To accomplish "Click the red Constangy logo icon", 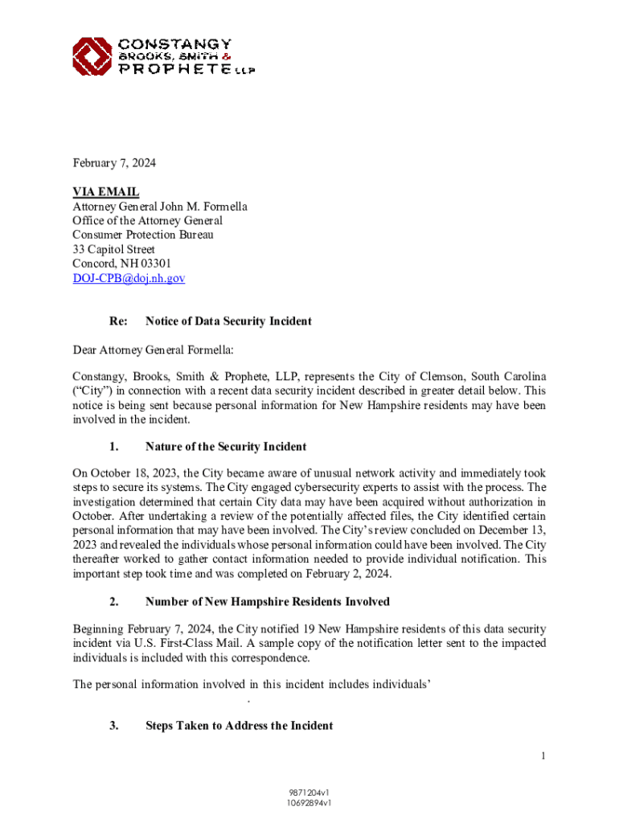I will tap(92, 56).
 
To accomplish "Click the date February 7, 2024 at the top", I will tap(114, 163).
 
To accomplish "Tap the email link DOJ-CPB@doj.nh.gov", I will tap(129, 278).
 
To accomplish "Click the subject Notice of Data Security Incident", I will tap(228, 321).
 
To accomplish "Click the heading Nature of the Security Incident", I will tap(226, 447).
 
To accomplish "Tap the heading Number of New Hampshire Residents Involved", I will tap(267, 601).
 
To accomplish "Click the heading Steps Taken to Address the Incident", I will tap(239, 726).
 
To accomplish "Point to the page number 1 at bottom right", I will tap(543, 755).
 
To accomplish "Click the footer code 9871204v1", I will tap(309, 792).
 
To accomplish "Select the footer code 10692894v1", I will tap(309, 802).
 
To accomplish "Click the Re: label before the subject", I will tap(118, 321).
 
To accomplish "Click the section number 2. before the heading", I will tap(114, 601).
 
